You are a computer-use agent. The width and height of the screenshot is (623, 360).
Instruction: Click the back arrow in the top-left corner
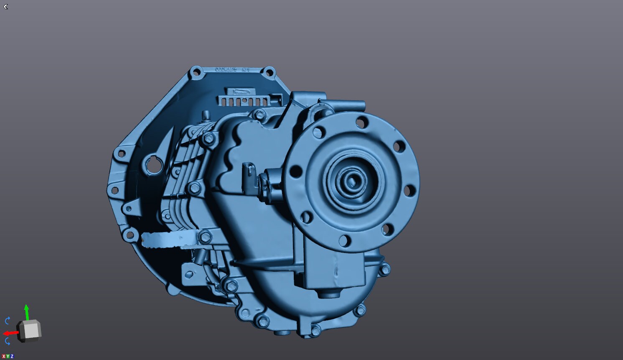5,7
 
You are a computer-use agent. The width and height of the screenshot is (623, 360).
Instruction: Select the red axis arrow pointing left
10,333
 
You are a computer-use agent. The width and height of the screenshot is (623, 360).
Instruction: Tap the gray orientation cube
29,330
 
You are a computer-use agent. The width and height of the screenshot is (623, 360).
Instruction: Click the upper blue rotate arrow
8,321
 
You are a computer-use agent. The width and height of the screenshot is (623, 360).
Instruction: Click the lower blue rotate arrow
8,341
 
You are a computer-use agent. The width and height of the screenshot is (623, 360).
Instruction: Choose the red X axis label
3,356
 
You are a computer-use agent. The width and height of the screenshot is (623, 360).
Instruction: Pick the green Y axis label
8,356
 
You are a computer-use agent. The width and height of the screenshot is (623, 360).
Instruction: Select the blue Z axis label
12,356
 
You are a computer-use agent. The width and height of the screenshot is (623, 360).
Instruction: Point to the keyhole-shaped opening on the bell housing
153,164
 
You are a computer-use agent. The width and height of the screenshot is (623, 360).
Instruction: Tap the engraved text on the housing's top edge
232,70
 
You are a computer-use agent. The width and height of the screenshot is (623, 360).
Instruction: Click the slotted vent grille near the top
244,102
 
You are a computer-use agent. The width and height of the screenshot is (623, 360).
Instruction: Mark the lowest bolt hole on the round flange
343,241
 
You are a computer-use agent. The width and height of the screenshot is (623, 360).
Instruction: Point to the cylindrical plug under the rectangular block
327,294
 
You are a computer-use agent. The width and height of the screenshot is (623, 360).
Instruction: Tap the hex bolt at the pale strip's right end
204,237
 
